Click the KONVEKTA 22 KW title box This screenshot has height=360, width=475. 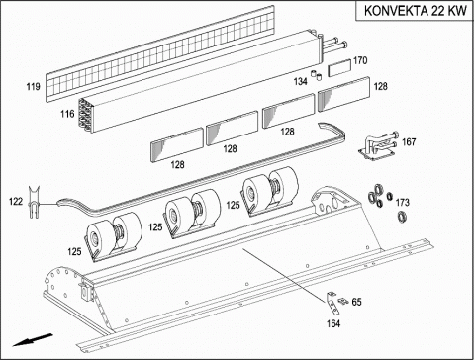(x=415, y=11)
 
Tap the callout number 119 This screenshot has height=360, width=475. (x=34, y=87)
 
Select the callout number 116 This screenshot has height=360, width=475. (x=67, y=114)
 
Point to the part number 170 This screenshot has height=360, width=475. (x=360, y=60)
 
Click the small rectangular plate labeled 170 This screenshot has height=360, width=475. (x=339, y=68)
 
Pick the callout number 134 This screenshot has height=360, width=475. (x=301, y=81)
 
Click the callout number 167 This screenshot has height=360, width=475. (x=409, y=142)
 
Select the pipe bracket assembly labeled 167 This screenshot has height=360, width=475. (x=378, y=146)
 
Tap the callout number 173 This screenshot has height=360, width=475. (x=403, y=202)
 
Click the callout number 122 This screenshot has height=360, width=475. (x=16, y=201)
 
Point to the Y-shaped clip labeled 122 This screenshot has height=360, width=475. (x=34, y=203)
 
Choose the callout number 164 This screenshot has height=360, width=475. (x=333, y=323)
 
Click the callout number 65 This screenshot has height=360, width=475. (x=356, y=302)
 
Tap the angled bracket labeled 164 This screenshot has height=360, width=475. (x=332, y=303)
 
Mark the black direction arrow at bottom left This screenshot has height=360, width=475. (x=33, y=340)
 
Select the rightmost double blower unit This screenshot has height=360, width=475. (x=270, y=191)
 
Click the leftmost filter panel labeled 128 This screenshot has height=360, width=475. (x=177, y=144)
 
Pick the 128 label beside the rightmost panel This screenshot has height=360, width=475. (x=380, y=86)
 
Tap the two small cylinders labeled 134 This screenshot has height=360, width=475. (x=317, y=75)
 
